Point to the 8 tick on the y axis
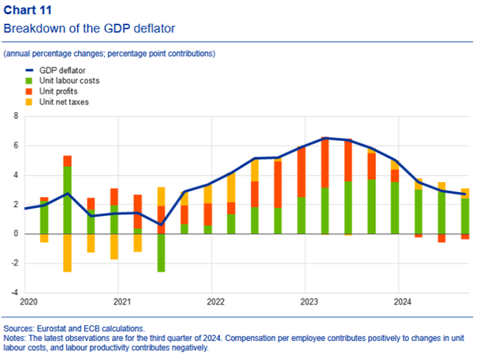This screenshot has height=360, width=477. [14, 116]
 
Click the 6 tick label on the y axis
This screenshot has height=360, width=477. [14, 146]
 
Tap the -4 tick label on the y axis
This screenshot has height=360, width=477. [13, 292]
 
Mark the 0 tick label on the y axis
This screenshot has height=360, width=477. [14, 234]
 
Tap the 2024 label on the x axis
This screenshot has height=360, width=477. [402, 302]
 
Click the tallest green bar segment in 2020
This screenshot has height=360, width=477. [67, 197]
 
